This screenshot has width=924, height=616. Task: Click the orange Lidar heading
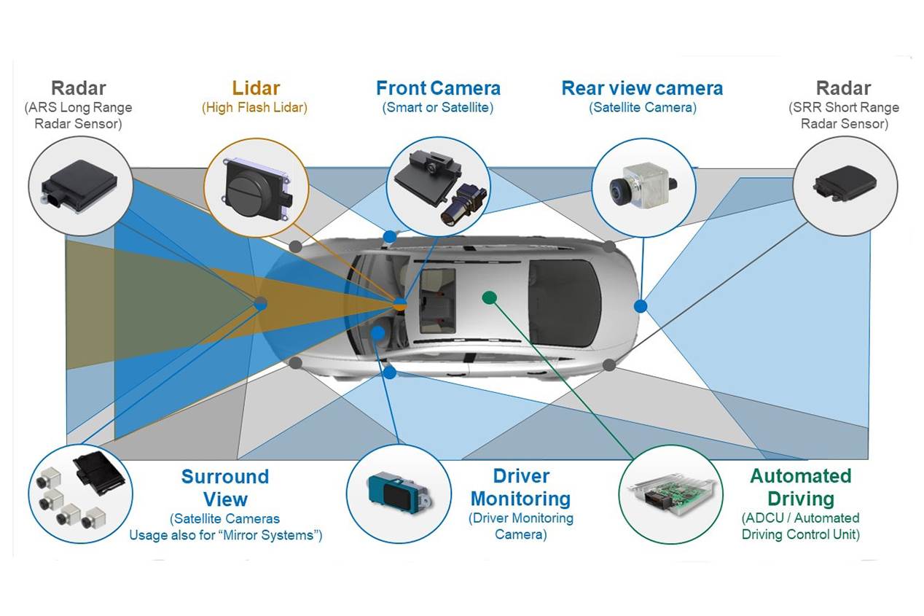pyautogui.click(x=256, y=88)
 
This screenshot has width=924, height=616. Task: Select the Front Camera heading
pyautogui.click(x=438, y=88)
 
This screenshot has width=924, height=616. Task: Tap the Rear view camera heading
pyautogui.click(x=642, y=88)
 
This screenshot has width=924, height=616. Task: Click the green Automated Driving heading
pyautogui.click(x=800, y=487)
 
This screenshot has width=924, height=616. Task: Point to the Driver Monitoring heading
pyautogui.click(x=520, y=487)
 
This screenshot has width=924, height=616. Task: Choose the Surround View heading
pyautogui.click(x=225, y=488)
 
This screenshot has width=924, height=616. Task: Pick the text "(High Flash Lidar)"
pyautogui.click(x=254, y=108)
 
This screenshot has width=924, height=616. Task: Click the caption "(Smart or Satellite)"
pyautogui.click(x=438, y=108)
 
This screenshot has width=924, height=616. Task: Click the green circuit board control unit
pyautogui.click(x=669, y=495)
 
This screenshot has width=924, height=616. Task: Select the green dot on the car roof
pyautogui.click(x=490, y=297)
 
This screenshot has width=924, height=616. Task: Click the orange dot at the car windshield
pyautogui.click(x=399, y=303)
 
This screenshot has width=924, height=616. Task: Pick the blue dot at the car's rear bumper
pyautogui.click(x=640, y=306)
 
